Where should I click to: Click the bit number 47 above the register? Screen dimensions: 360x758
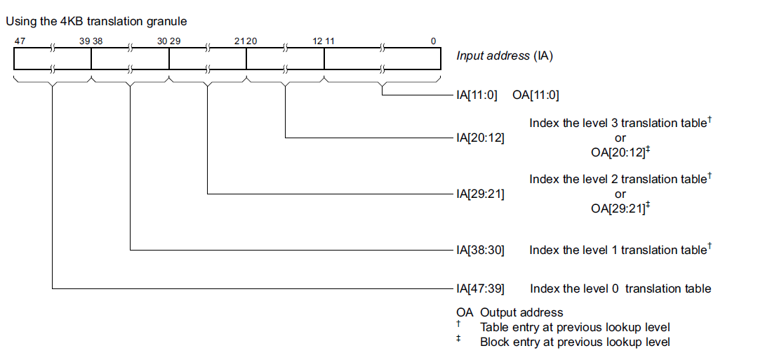pos(20,41)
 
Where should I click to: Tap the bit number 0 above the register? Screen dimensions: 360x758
pos(433,41)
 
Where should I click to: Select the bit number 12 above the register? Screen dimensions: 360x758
pos(317,41)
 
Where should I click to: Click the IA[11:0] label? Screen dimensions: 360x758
pos(477,95)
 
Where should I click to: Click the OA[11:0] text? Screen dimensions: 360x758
pos(536,95)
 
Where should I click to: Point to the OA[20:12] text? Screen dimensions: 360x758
pos(617,152)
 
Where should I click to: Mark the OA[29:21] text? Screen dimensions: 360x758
pos(617,208)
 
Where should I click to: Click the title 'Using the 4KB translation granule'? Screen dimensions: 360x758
pos(96,22)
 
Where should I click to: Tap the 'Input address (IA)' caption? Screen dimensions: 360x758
pos(505,56)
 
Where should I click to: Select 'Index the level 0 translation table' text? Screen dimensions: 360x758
pos(620,288)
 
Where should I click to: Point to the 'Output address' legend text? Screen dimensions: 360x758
pos(521,312)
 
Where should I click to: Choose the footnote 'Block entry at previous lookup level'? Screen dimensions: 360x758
pos(575,342)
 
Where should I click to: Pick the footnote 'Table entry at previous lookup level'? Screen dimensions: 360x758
pos(575,327)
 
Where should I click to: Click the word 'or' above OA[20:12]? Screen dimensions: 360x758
pos(620,138)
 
